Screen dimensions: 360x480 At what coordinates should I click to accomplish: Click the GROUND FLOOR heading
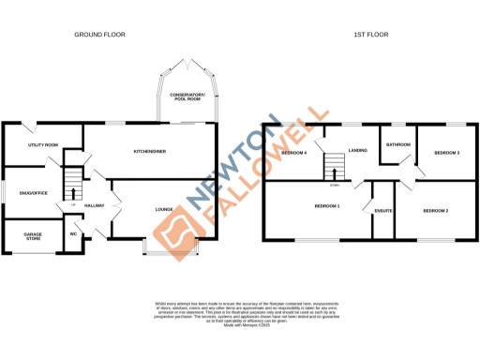click(x=100, y=35)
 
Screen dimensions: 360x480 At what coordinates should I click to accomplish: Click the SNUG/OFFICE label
click(x=33, y=192)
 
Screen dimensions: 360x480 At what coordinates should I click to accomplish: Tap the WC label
click(x=74, y=234)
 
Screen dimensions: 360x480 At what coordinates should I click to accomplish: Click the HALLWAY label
click(x=94, y=205)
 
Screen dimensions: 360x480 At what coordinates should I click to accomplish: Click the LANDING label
click(x=357, y=150)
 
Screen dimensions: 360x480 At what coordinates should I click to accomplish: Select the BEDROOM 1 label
click(x=325, y=206)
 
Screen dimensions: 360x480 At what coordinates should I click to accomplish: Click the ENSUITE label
click(x=382, y=211)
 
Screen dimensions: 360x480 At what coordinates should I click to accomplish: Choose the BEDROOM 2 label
click(x=436, y=211)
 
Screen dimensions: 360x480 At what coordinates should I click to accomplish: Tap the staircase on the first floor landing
click(x=331, y=168)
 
